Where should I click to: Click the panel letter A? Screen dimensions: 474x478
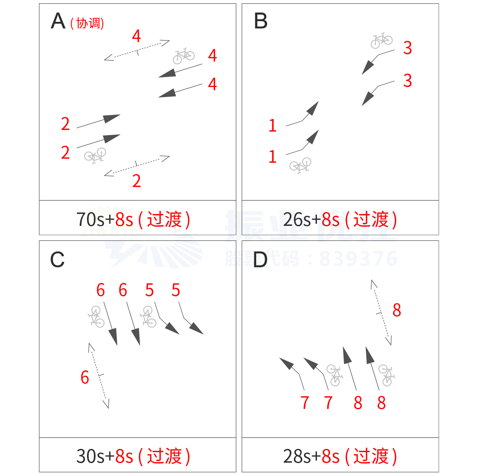[58, 21]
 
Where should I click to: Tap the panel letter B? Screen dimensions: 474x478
[261, 21]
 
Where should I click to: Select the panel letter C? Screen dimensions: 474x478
[57, 259]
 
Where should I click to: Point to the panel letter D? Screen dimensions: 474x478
[260, 259]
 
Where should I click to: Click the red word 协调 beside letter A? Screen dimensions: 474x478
[87, 23]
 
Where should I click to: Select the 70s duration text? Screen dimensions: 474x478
[90, 219]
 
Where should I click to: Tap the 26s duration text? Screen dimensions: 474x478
[297, 219]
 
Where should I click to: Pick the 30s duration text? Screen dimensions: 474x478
[90, 456]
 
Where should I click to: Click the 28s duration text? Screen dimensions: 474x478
[297, 456]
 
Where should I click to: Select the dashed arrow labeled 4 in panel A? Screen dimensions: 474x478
[137, 50]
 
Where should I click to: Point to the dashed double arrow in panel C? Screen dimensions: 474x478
[99, 376]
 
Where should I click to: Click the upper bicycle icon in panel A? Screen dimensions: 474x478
[184, 56]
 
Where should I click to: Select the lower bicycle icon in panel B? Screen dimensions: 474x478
[300, 165]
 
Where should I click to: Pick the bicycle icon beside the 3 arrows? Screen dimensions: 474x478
[382, 40]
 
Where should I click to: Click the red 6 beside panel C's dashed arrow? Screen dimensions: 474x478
[85, 377]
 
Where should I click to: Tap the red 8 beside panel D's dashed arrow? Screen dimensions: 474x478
[397, 310]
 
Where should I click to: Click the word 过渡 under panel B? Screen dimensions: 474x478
[371, 219]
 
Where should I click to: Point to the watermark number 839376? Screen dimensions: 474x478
[358, 259]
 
